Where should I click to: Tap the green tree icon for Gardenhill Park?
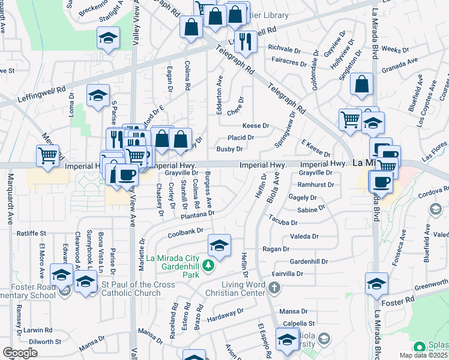coord(208,265)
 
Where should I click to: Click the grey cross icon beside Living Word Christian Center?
coord(274,288)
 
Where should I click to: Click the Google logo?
coord(20,353)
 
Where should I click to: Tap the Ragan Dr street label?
coord(276,248)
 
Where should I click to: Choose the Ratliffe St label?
coord(32,233)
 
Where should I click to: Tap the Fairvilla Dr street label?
coord(288,274)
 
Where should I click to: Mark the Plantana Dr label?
coord(199,214)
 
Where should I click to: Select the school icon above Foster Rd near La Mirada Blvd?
coord(377,284)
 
